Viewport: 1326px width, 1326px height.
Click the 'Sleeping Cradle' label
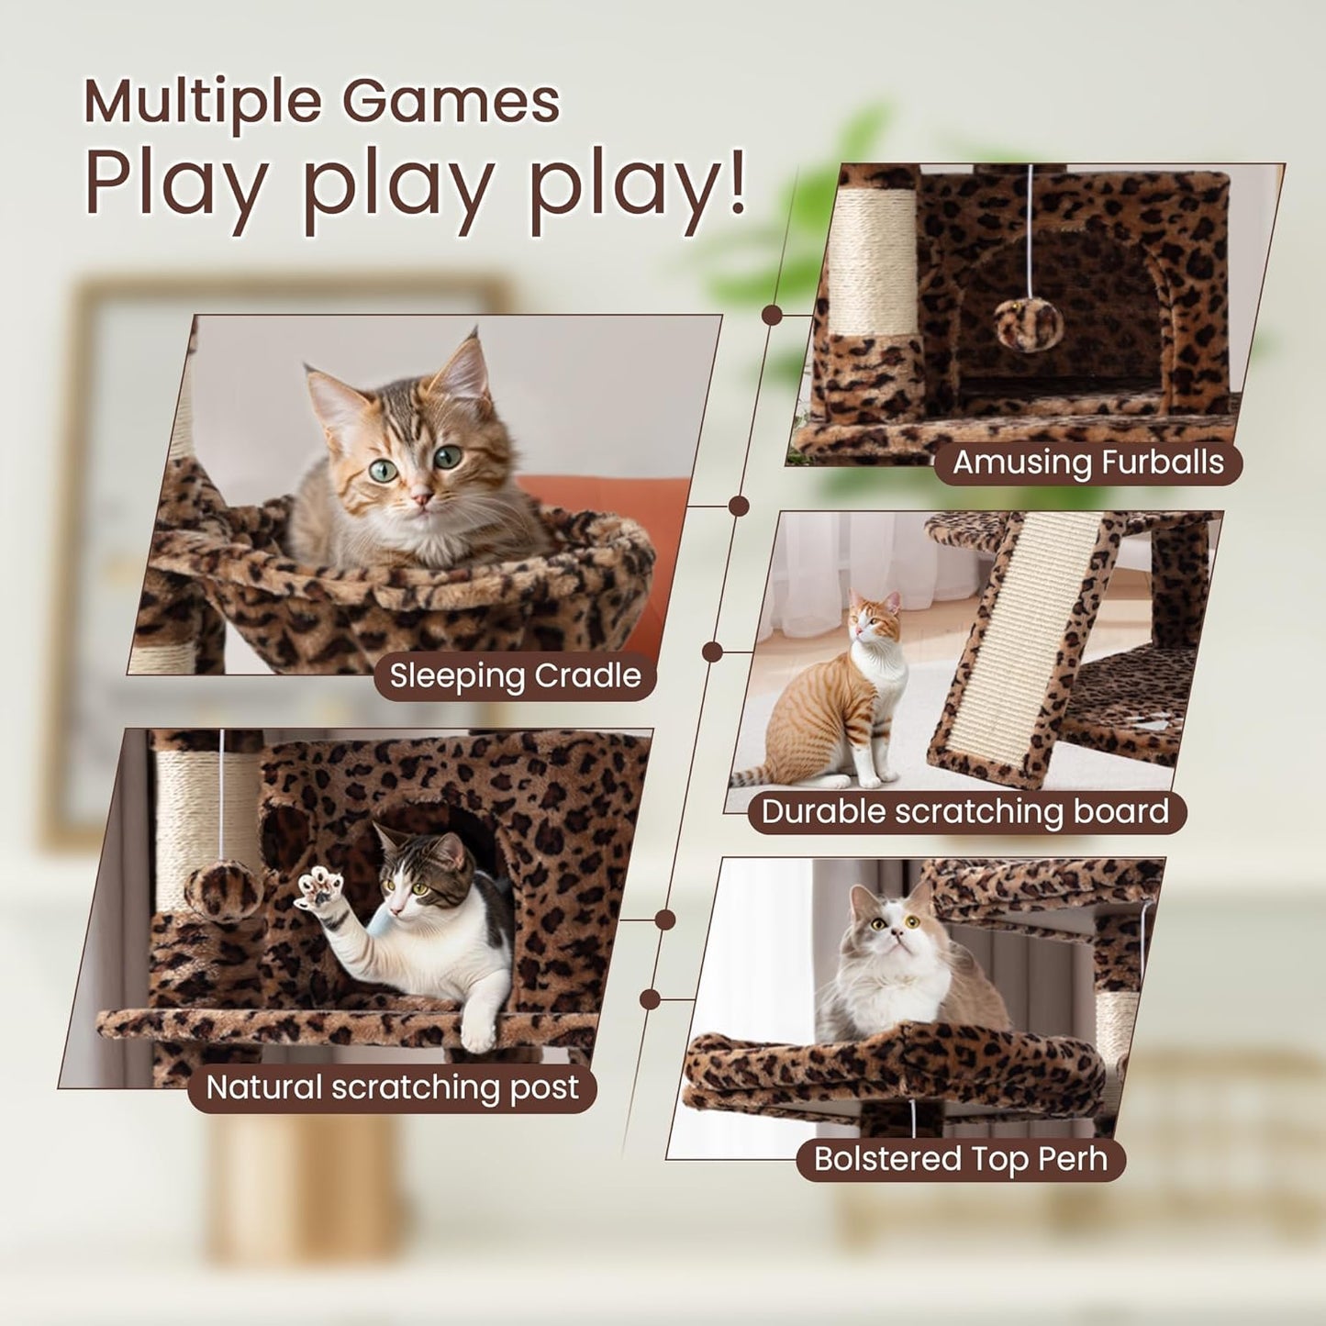coord(515,676)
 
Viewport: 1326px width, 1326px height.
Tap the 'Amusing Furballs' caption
coord(1087,462)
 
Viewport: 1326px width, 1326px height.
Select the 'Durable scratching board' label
coord(965,812)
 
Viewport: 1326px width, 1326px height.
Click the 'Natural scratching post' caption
coord(392,1088)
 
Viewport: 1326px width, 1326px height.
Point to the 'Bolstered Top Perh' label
coord(960,1159)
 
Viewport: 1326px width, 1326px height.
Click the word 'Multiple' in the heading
coord(205,103)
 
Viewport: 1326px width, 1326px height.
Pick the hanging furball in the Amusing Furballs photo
coord(1029,325)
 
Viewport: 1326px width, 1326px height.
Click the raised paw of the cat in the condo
coord(320,888)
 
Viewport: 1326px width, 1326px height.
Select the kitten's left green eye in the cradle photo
coord(383,471)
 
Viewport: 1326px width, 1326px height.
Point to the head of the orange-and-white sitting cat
coord(875,618)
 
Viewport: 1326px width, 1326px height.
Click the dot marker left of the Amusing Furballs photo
coord(772,315)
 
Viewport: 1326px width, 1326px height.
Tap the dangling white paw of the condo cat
coord(478,1031)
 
